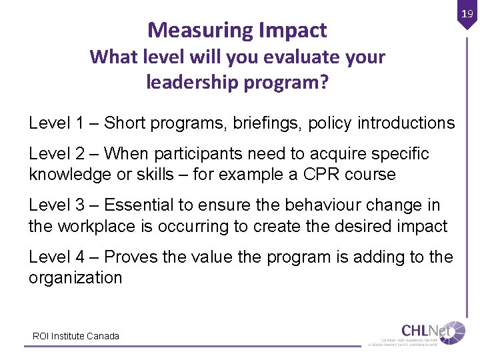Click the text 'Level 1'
click(57, 123)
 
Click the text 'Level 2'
click(57, 154)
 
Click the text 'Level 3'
click(57, 205)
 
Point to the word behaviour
click(333, 205)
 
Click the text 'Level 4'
click(57, 257)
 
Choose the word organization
click(75, 277)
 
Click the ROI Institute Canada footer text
click(76, 336)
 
